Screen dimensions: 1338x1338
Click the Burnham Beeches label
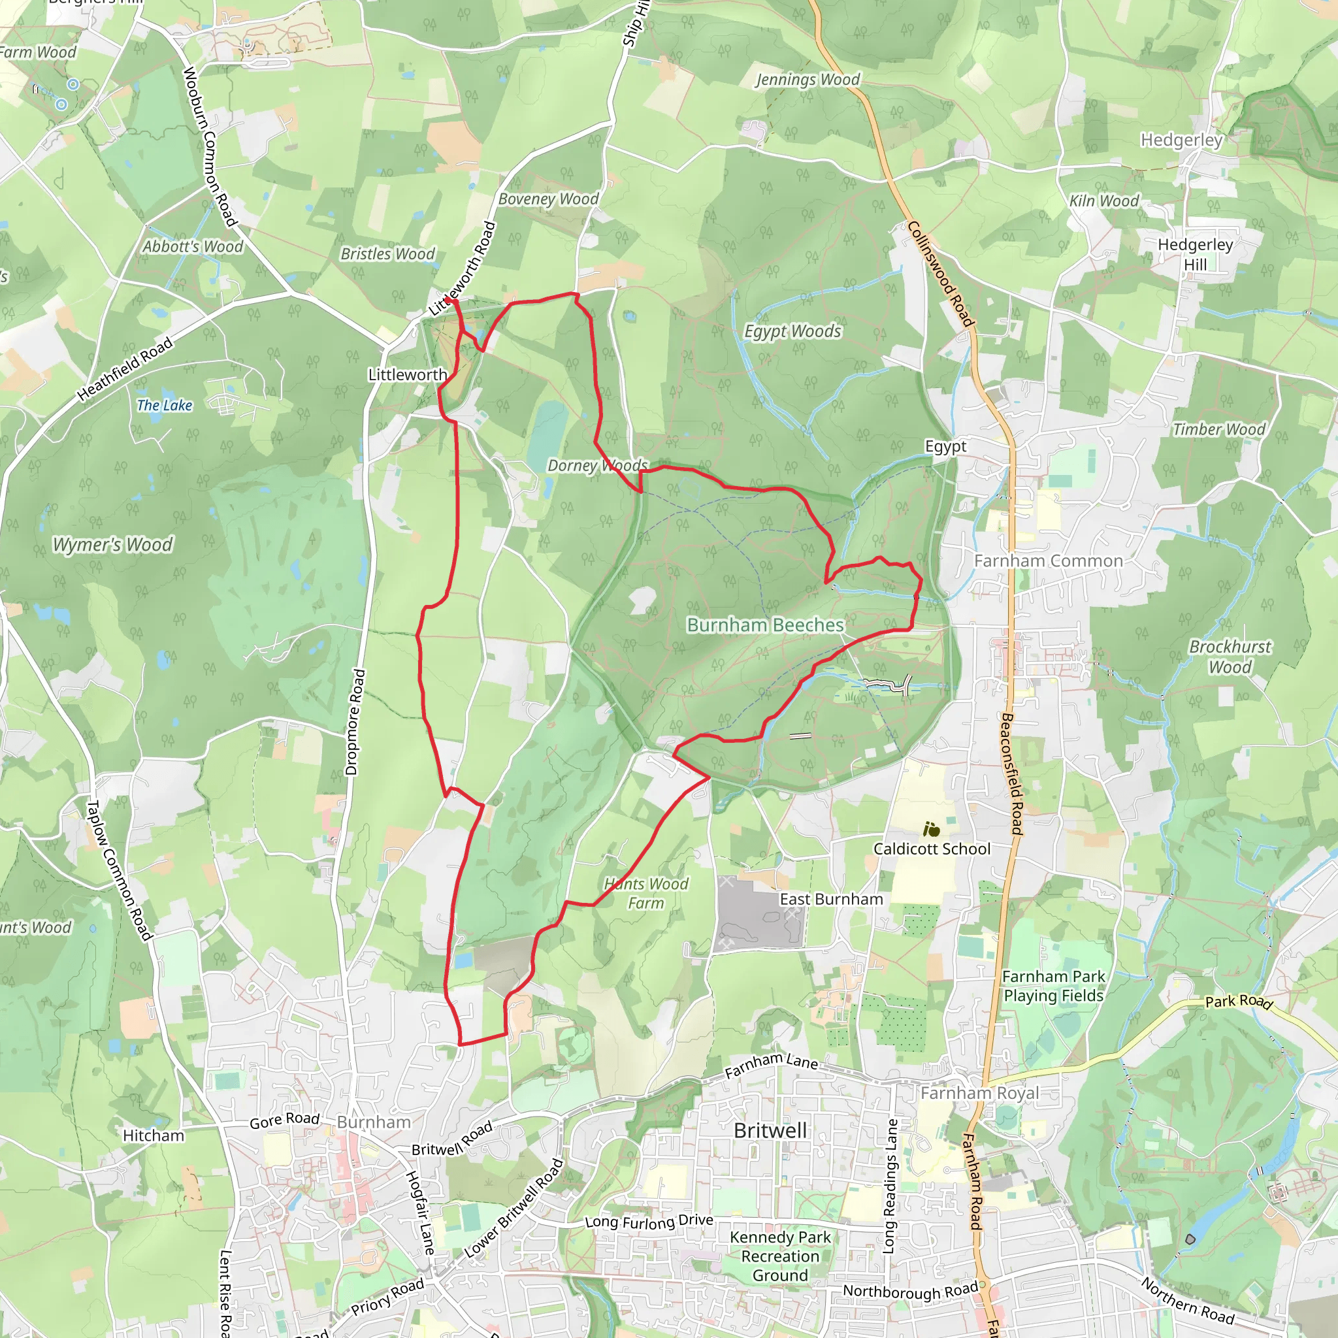765,625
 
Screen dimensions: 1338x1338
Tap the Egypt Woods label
792,331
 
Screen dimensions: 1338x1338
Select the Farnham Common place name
1048,561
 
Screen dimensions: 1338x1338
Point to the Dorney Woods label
598,465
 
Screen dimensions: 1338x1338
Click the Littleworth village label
407,374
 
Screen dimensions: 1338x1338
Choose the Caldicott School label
932,849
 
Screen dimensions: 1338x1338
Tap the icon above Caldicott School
932,828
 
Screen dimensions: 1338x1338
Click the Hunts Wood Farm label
645,893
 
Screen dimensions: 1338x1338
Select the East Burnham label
831,899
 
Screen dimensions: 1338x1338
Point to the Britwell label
770,1130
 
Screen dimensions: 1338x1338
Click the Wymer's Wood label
113,545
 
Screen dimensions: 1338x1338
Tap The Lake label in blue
164,405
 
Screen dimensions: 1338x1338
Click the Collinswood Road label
941,274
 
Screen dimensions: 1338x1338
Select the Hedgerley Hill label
1196,254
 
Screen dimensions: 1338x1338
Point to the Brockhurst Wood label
1230,657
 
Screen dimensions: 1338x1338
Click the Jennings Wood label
808,80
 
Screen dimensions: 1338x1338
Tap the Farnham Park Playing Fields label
1053,985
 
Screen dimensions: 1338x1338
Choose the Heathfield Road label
125,369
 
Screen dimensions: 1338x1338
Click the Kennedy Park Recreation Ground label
780,1256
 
